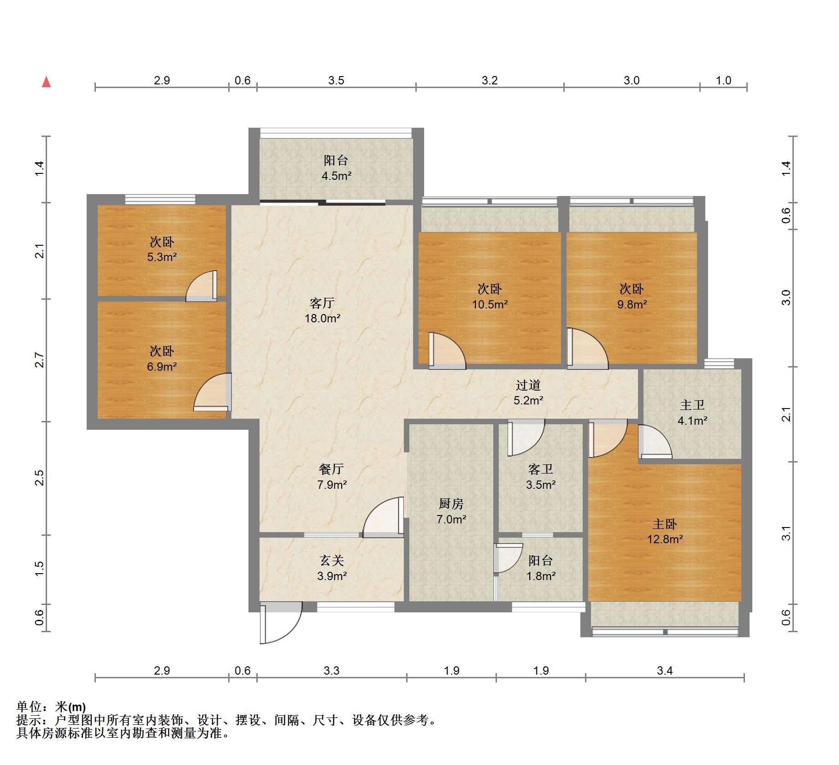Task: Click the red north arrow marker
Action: pyautogui.click(x=46, y=82)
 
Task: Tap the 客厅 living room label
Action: pyautogui.click(x=322, y=303)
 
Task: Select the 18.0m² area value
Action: pyautogui.click(x=322, y=318)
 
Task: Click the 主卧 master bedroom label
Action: pyautogui.click(x=665, y=524)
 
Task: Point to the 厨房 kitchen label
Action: pyautogui.click(x=451, y=504)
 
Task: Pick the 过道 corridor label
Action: pyautogui.click(x=528, y=385)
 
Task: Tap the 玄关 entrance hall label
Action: pyautogui.click(x=332, y=560)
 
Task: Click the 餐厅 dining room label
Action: pyautogui.click(x=331, y=469)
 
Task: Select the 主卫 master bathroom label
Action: pyautogui.click(x=692, y=405)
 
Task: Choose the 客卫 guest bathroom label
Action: pyautogui.click(x=541, y=469)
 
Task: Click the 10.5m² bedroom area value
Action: pyautogui.click(x=490, y=304)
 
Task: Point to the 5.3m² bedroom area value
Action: pyautogui.click(x=162, y=257)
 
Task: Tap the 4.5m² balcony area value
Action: pyautogui.click(x=337, y=176)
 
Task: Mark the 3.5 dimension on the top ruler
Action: pyautogui.click(x=336, y=81)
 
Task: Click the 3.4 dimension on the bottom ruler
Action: pyautogui.click(x=665, y=670)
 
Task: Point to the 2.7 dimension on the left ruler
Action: pyautogui.click(x=40, y=360)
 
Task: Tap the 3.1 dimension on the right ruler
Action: pyautogui.click(x=786, y=533)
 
